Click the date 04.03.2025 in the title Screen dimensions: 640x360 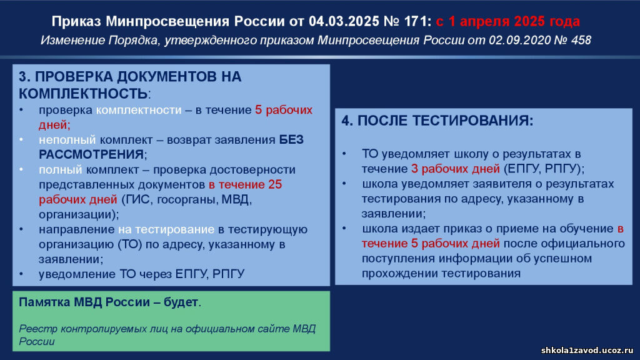[344, 21]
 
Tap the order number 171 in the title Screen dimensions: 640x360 [416, 21]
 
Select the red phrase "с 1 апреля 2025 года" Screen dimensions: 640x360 [507, 21]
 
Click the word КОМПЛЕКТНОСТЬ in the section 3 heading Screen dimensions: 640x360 [83, 94]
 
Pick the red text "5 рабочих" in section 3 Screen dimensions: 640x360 [284, 110]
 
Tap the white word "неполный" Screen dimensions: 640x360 [67, 140]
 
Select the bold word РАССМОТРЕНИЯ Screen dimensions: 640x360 [91, 154]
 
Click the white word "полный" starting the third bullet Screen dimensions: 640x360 [61, 170]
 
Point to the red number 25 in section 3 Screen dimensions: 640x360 [275, 184]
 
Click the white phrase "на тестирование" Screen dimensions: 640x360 [166, 229]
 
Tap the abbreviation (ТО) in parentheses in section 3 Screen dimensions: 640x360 [130, 244]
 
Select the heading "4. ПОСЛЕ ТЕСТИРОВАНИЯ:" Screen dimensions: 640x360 [437, 121]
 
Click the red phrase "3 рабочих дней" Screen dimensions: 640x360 [455, 169]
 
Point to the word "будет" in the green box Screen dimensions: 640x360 [181, 302]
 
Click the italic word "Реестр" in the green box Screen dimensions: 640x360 [34, 329]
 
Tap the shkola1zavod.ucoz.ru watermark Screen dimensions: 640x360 [587, 350]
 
